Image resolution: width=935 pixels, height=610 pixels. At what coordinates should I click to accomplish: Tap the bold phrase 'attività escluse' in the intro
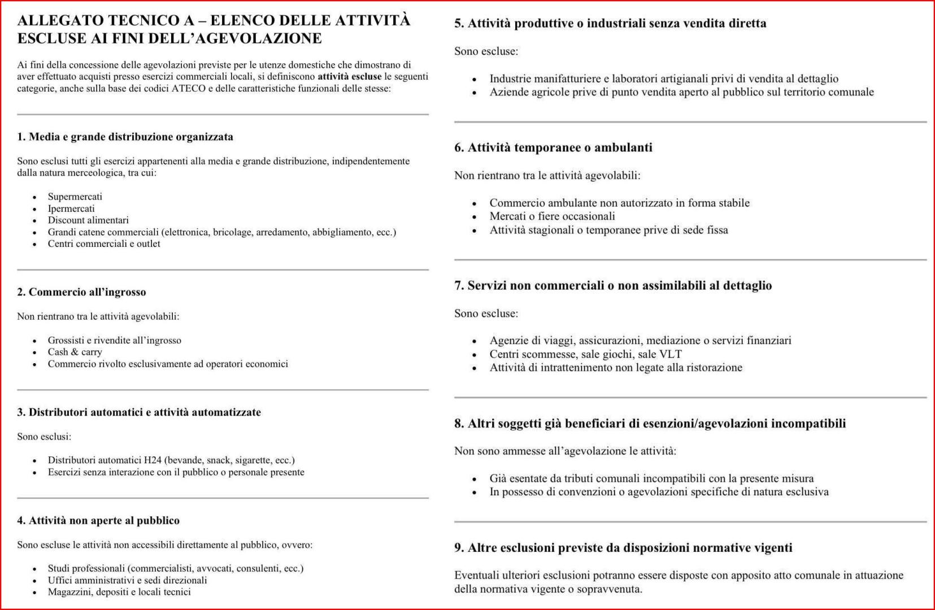click(349, 77)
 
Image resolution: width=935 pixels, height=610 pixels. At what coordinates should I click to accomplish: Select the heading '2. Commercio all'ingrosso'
click(81, 292)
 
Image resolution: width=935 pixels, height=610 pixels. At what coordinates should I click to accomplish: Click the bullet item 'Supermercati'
click(75, 197)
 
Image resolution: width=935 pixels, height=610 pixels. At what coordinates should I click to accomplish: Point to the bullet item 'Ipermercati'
click(71, 208)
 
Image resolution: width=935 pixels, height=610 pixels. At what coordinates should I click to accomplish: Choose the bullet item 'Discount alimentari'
click(88, 220)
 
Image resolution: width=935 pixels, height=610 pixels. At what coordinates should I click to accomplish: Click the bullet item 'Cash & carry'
click(75, 352)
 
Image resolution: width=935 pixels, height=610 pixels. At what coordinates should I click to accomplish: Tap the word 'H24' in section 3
click(153, 460)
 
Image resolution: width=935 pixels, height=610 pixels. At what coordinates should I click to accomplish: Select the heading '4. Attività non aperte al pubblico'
click(98, 521)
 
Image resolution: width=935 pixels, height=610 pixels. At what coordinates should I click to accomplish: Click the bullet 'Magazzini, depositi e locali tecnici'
click(119, 592)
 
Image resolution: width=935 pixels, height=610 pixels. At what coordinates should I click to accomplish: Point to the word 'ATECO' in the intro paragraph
click(188, 89)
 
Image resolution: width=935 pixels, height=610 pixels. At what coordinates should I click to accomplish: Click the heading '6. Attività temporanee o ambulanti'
click(553, 148)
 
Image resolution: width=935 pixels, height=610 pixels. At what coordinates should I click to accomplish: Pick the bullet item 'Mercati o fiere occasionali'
click(552, 216)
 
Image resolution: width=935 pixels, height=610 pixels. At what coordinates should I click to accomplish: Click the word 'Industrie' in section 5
click(510, 79)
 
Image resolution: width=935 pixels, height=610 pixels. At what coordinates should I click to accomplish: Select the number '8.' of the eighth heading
click(459, 424)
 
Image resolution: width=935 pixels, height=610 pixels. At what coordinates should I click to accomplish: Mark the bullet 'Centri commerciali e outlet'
click(104, 244)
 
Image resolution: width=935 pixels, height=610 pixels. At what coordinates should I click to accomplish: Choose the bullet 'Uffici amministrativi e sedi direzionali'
click(127, 580)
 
